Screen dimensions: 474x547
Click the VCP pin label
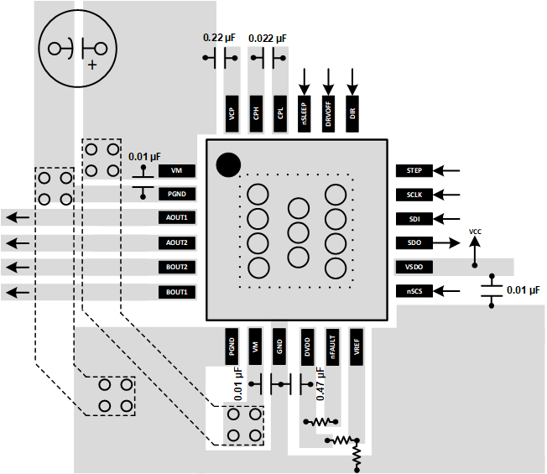(x=232, y=112)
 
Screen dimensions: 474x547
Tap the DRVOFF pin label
(x=329, y=112)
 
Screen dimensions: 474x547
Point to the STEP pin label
(x=414, y=170)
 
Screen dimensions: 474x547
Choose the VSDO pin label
(x=414, y=267)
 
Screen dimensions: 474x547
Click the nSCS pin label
(x=414, y=291)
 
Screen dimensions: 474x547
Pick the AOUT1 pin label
(x=176, y=218)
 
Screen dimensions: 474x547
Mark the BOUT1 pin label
(x=176, y=292)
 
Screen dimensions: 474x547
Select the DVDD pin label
(x=306, y=346)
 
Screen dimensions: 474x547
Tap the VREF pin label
(x=356, y=346)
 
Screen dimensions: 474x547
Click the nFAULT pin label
(x=331, y=346)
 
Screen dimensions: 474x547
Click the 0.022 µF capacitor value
(x=269, y=39)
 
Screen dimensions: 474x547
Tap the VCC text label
(x=475, y=231)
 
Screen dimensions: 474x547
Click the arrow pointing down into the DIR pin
(x=352, y=81)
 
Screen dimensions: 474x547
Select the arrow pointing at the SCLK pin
(x=450, y=195)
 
